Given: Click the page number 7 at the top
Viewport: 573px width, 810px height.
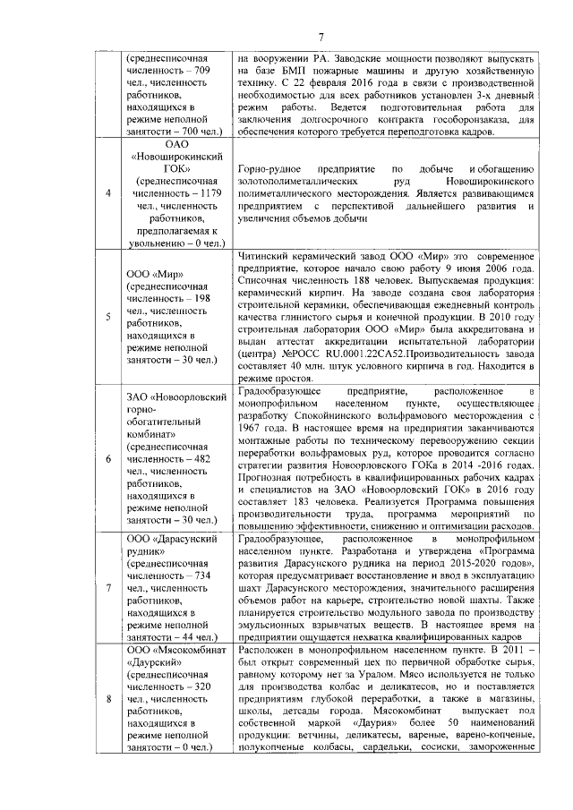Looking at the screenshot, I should (320, 37).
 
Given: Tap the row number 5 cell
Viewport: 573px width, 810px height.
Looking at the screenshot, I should (108, 316).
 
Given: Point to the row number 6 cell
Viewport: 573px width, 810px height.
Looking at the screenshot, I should (108, 458).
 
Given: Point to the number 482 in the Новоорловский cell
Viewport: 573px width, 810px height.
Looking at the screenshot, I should (200, 458).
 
